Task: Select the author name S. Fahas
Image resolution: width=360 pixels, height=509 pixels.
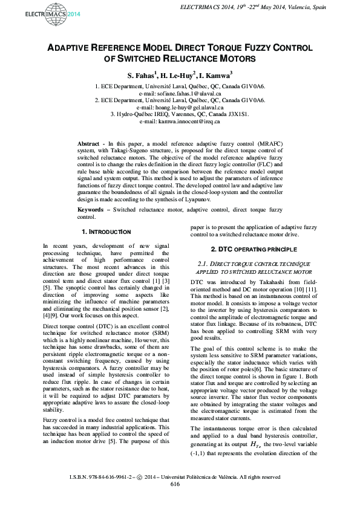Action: coord(141,76)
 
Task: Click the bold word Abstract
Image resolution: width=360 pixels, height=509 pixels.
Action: coord(90,143)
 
